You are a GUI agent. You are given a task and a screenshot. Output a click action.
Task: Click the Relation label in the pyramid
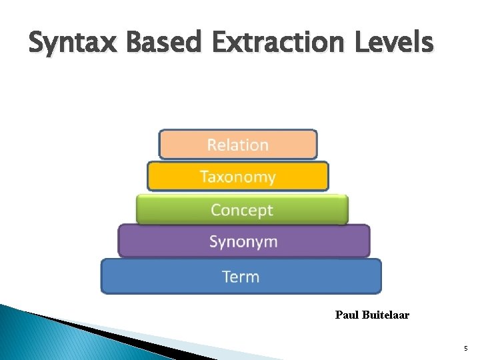tap(237, 145)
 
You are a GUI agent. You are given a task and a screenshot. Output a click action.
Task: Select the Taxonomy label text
tap(237, 177)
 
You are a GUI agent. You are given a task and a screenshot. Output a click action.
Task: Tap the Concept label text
tap(241, 210)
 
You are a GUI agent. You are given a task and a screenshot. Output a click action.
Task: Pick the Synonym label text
tap(243, 241)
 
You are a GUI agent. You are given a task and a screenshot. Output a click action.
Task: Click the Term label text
tap(240, 277)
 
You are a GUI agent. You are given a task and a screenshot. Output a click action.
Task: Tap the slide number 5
tap(465, 349)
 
